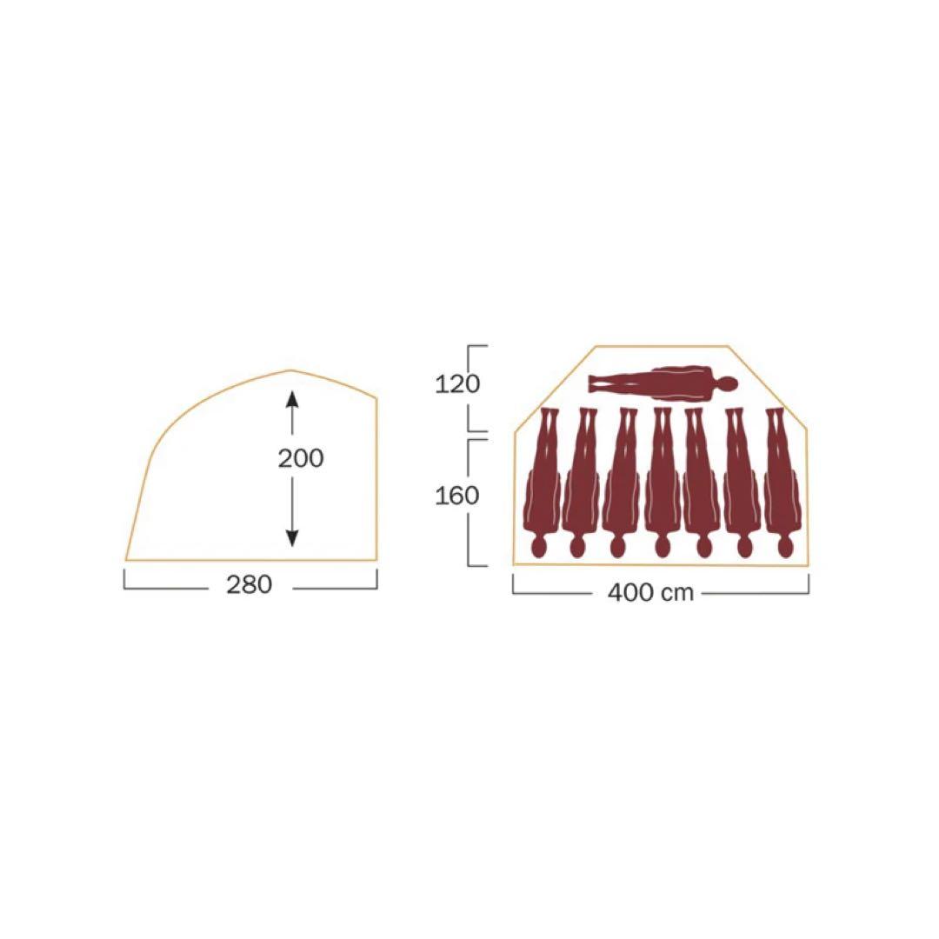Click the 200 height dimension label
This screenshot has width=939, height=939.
[301, 459]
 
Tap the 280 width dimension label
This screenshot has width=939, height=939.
[250, 584]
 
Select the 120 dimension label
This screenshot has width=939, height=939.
[457, 384]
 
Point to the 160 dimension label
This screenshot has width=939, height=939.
[457, 496]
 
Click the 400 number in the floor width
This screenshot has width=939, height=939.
[630, 593]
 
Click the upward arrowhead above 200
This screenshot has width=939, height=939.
[291, 399]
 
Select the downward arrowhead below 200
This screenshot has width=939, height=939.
[291, 538]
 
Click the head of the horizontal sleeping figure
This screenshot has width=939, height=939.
[726, 384]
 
